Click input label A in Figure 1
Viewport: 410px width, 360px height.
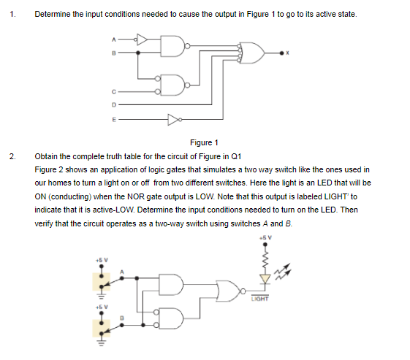point(113,39)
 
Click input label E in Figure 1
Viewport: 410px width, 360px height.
point(114,120)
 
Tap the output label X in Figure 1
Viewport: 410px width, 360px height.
point(287,53)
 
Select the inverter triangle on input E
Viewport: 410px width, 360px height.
point(174,120)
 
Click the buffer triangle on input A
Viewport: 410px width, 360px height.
point(141,39)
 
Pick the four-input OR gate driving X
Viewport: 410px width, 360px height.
point(252,53)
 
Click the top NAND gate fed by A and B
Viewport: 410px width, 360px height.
point(172,46)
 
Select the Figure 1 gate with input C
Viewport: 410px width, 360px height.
point(172,85)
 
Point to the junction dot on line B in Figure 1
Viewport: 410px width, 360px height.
point(138,53)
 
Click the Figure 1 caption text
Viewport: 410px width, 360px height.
point(204,142)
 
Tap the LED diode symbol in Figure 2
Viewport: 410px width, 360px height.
point(265,279)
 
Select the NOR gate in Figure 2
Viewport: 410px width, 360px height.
point(229,291)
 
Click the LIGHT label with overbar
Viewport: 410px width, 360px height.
point(259,299)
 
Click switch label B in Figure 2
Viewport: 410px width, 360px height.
point(121,318)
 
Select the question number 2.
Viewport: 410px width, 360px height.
point(12,156)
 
